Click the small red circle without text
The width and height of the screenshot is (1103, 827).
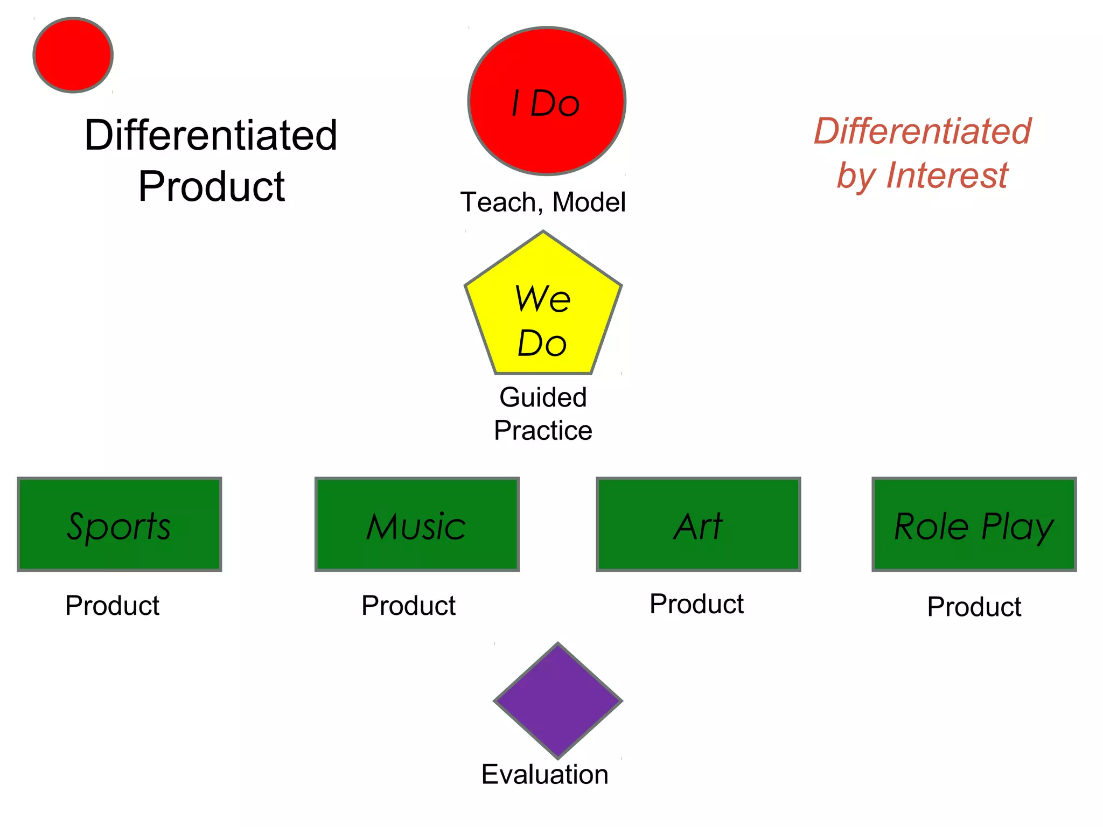[x=73, y=55]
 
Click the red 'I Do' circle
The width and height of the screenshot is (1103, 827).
[x=547, y=101]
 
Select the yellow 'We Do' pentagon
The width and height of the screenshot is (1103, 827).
[x=543, y=312]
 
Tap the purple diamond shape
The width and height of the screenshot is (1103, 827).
[x=558, y=700]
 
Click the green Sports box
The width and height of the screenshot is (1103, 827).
[x=120, y=524]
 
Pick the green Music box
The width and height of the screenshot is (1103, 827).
[x=417, y=524]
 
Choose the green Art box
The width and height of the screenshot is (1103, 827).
[x=699, y=524]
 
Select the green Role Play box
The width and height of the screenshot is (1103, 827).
[x=974, y=524]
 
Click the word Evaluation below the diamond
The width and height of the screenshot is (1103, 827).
[x=544, y=774]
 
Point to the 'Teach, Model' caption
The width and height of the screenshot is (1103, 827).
[x=543, y=202]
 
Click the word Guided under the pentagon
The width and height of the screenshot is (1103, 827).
[x=543, y=397]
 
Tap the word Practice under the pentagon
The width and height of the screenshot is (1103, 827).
[x=543, y=431]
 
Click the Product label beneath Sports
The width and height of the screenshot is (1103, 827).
[x=112, y=606]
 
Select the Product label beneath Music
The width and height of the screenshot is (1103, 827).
[x=408, y=606]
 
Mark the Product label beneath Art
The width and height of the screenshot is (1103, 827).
[x=696, y=604]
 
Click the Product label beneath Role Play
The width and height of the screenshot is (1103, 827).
[x=974, y=607]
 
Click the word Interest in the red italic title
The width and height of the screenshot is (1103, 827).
[x=947, y=176]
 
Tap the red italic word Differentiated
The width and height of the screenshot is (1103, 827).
[x=922, y=131]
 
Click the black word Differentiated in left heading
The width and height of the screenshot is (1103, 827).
[x=211, y=135]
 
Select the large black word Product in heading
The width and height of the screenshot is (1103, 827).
[x=211, y=187]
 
